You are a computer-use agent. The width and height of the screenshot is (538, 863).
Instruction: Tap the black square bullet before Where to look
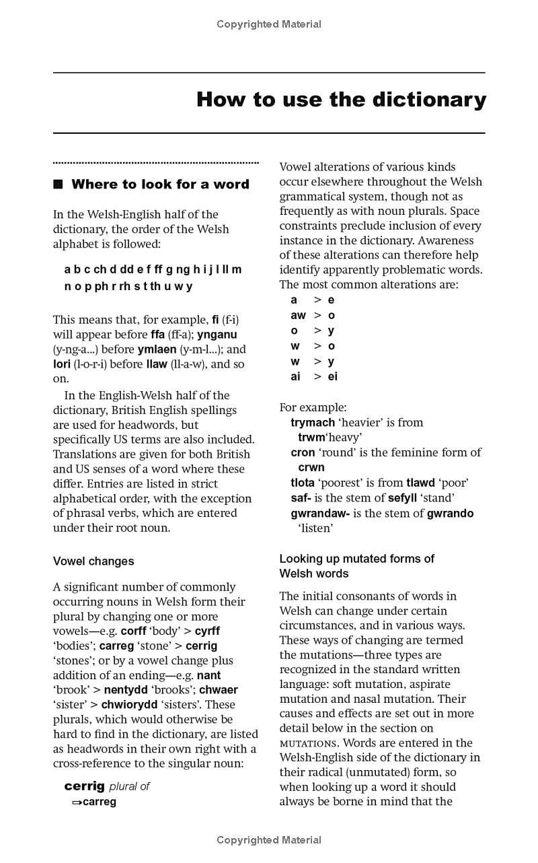(x=58, y=184)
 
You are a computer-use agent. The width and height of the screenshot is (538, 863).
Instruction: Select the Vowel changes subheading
(x=93, y=561)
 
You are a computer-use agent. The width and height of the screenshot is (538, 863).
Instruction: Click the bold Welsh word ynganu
(x=217, y=335)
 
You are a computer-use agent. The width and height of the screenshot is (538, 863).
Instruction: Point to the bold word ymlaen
(x=157, y=349)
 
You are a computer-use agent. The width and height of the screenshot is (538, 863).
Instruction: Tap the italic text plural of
(x=129, y=786)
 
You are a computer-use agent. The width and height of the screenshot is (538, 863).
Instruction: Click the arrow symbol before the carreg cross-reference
(x=77, y=802)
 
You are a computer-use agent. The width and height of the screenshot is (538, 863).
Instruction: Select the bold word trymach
(x=313, y=423)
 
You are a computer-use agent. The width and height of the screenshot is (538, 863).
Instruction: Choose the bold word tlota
(x=303, y=483)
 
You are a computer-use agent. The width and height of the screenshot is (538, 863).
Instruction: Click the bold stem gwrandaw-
(x=320, y=514)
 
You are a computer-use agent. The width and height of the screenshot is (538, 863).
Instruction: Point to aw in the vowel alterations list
(x=298, y=315)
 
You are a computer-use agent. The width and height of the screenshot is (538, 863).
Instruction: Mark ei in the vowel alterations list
(x=332, y=377)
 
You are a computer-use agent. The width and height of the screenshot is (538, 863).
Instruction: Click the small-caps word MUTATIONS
(x=308, y=744)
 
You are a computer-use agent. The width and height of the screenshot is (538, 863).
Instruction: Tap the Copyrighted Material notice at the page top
(x=269, y=24)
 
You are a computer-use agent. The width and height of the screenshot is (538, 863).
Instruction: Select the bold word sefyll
(x=407, y=498)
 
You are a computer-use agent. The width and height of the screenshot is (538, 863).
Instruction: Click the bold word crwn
(x=311, y=467)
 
